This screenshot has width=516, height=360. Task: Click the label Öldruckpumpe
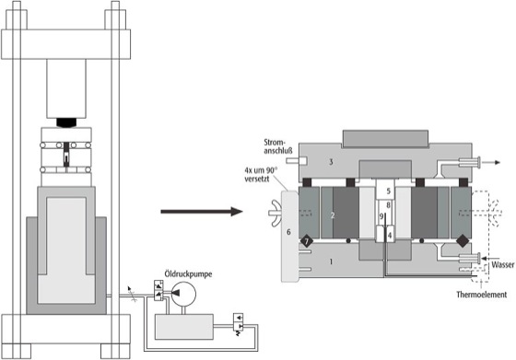[188, 274]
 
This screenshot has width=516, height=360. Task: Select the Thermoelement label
[481, 295]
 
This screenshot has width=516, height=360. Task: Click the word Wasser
[503, 265]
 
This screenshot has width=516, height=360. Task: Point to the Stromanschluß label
[278, 146]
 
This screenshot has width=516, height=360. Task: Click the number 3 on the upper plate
[331, 162]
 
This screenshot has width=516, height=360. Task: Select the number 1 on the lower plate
[331, 261]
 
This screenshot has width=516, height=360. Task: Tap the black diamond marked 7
[306, 241]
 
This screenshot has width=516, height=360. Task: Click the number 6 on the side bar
[288, 232]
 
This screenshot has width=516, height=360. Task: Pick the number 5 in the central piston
[388, 191]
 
